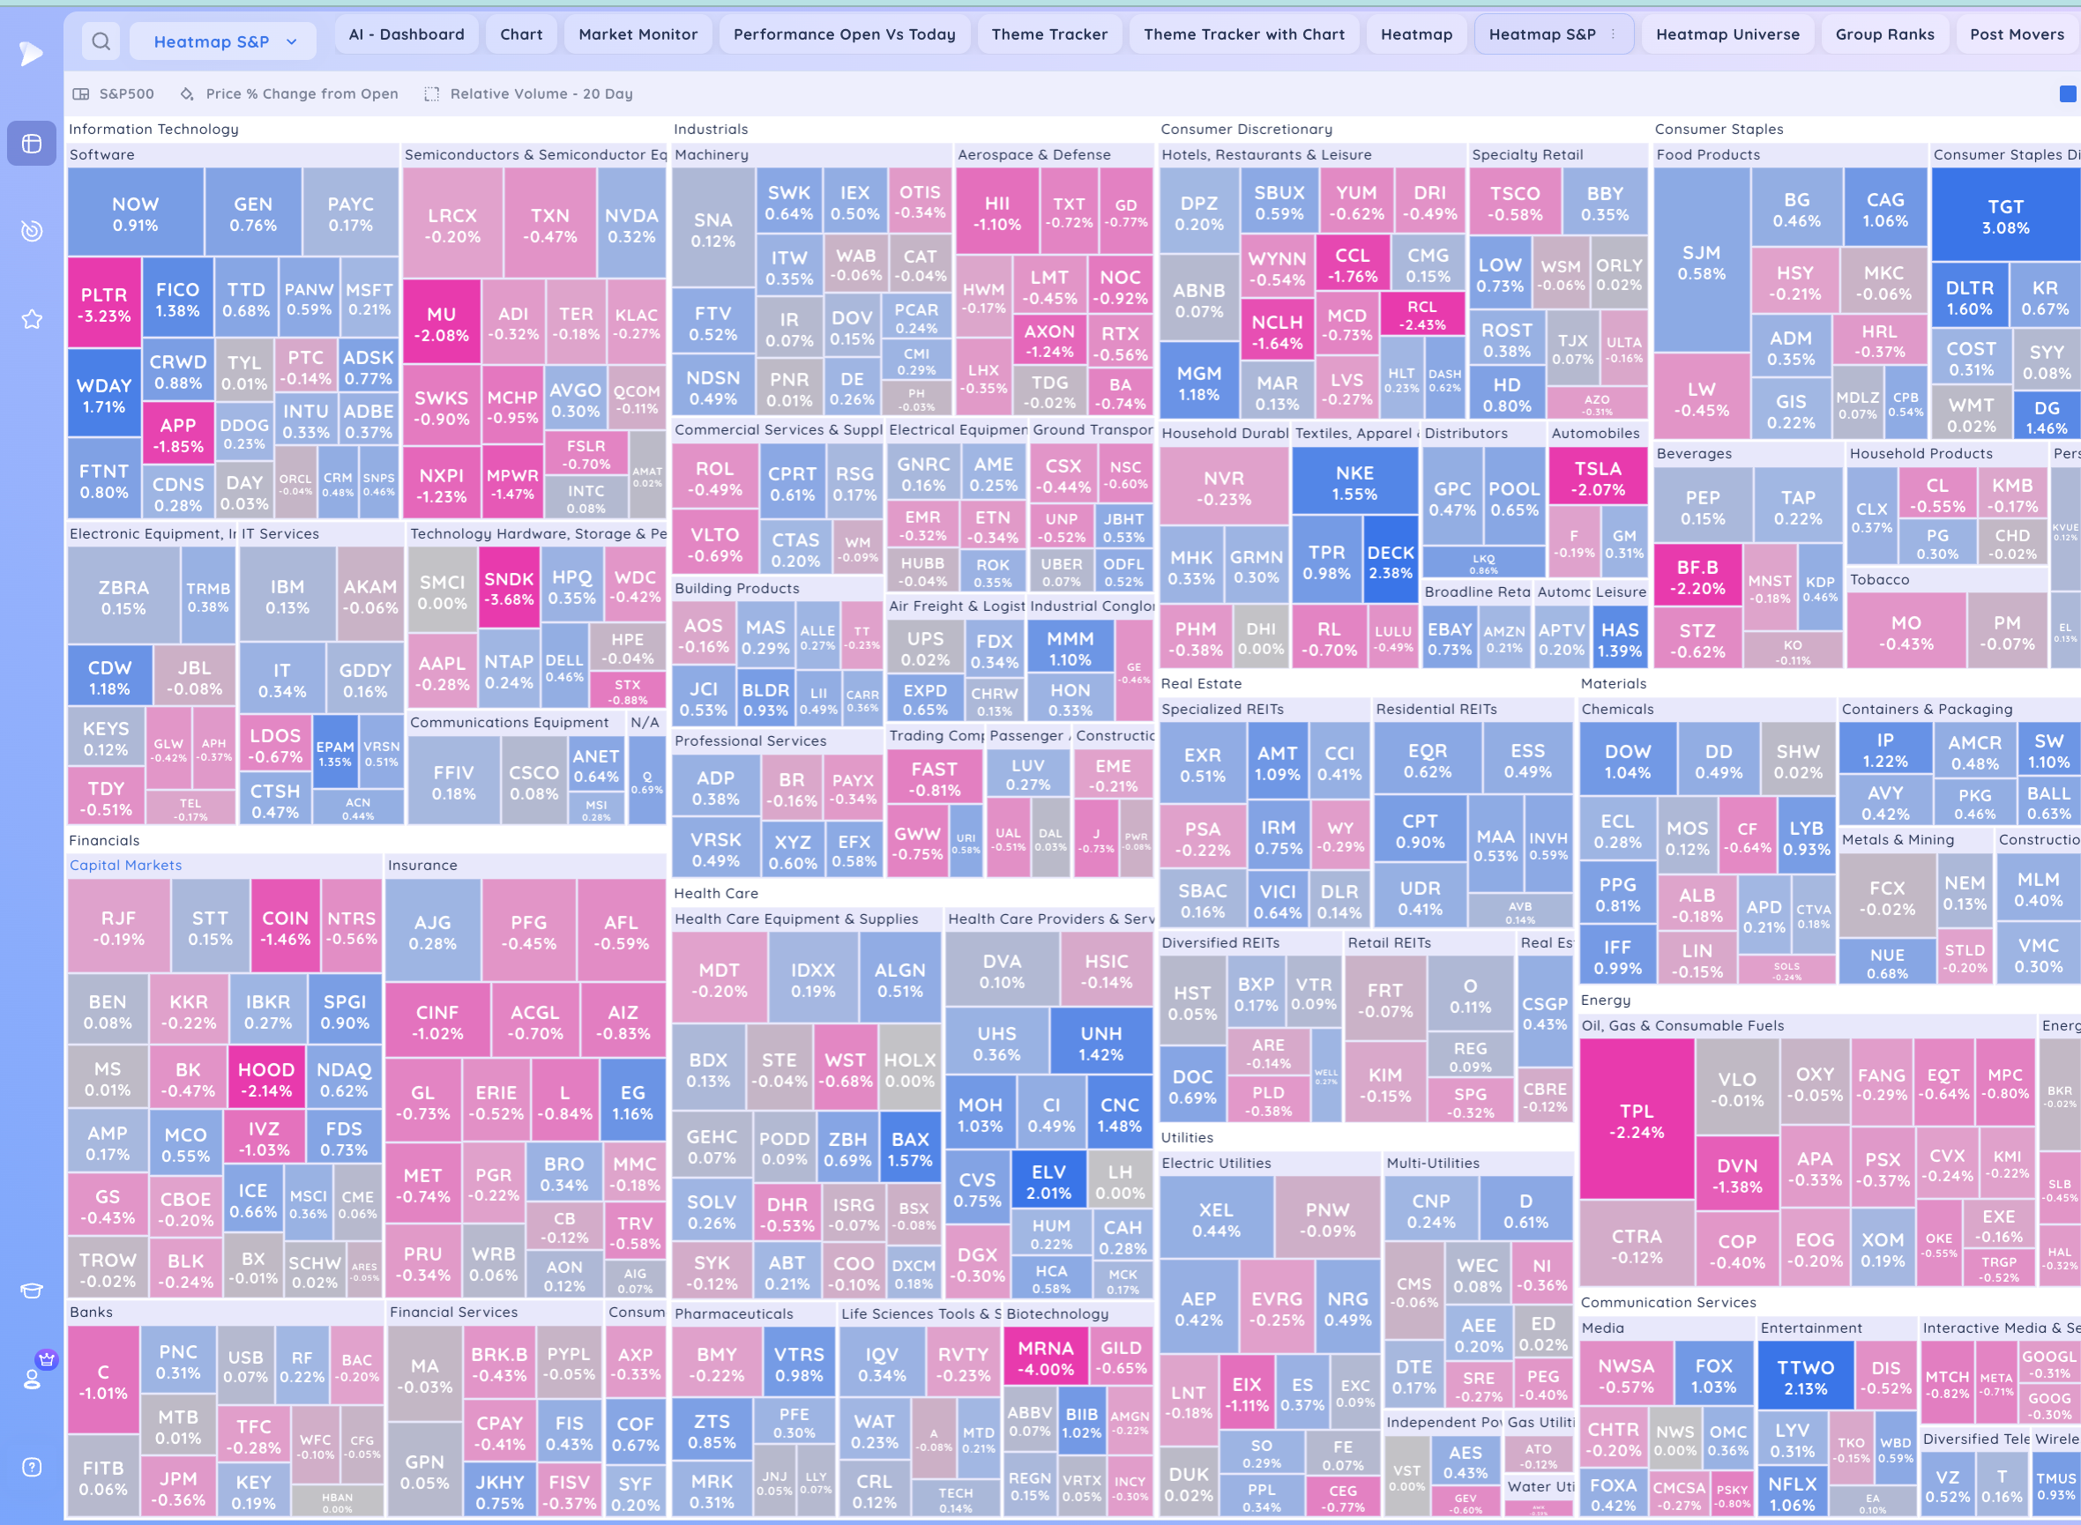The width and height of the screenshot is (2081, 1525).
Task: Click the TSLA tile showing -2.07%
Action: pyautogui.click(x=1597, y=478)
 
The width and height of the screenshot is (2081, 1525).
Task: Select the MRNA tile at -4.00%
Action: pyautogui.click(x=1045, y=1358)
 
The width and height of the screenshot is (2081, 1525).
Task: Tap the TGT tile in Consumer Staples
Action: pyautogui.click(x=2005, y=217)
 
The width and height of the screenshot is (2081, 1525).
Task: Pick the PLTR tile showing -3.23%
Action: pyautogui.click(x=104, y=305)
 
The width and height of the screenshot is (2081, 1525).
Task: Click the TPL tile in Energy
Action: pyautogui.click(x=1636, y=1120)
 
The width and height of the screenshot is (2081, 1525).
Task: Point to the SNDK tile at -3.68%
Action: pyautogui.click(x=509, y=588)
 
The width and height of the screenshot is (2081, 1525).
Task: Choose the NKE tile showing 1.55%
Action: pyautogui.click(x=1354, y=483)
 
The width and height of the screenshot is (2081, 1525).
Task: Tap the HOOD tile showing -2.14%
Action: pyautogui.click(x=266, y=1079)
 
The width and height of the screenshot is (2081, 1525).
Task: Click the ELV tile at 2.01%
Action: pyautogui.click(x=1048, y=1181)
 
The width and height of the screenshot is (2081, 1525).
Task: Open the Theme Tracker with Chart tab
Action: pyautogui.click(x=1243, y=34)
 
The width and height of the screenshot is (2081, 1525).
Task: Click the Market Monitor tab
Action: pyautogui.click(x=638, y=34)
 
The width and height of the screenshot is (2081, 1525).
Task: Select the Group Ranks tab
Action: pyautogui.click(x=1884, y=34)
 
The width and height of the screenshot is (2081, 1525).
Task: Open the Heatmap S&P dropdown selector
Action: pyautogui.click(x=223, y=41)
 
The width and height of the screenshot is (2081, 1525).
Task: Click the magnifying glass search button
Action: pyautogui.click(x=101, y=41)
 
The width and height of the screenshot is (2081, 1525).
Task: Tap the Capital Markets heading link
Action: pyautogui.click(x=125, y=865)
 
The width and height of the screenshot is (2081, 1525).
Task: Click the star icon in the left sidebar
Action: pyautogui.click(x=33, y=319)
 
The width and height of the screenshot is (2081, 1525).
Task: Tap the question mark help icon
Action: pyautogui.click(x=33, y=1467)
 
